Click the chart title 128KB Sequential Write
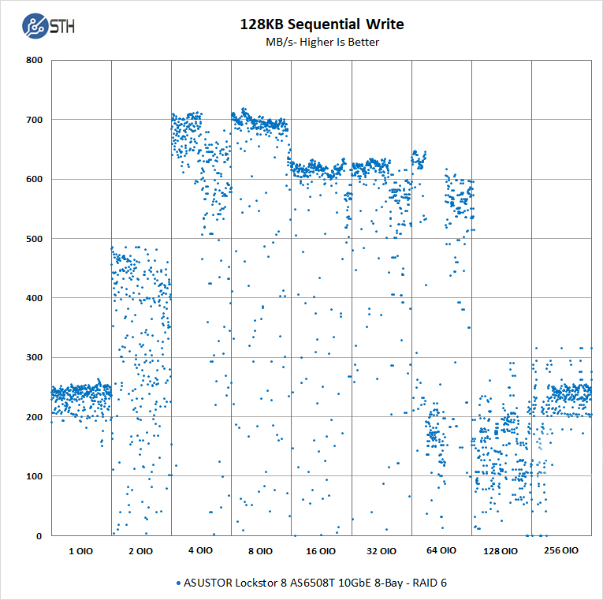[x=322, y=24]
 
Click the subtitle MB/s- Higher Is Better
[x=322, y=42]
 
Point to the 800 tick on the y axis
[x=33, y=60]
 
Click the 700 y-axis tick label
[x=33, y=120]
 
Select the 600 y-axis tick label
[x=33, y=179]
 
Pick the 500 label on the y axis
[x=33, y=239]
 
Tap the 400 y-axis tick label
[x=33, y=298]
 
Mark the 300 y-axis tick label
[x=33, y=357]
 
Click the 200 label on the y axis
[x=33, y=417]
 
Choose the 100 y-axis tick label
[x=33, y=476]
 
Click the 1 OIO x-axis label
[x=80, y=551]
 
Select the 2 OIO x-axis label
[x=140, y=551]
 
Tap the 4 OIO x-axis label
[x=200, y=551]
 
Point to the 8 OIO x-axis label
[x=260, y=551]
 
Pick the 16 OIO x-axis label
[x=321, y=551]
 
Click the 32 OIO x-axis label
[x=381, y=551]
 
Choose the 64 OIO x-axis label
[x=441, y=551]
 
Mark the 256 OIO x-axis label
[x=561, y=550]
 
